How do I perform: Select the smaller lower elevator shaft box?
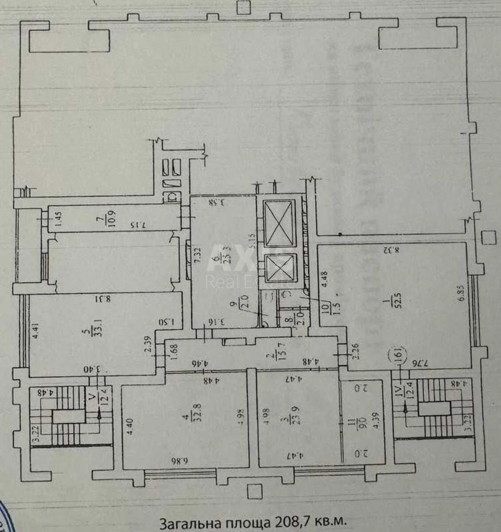coord(279,268)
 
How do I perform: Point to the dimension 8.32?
coord(392,249)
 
